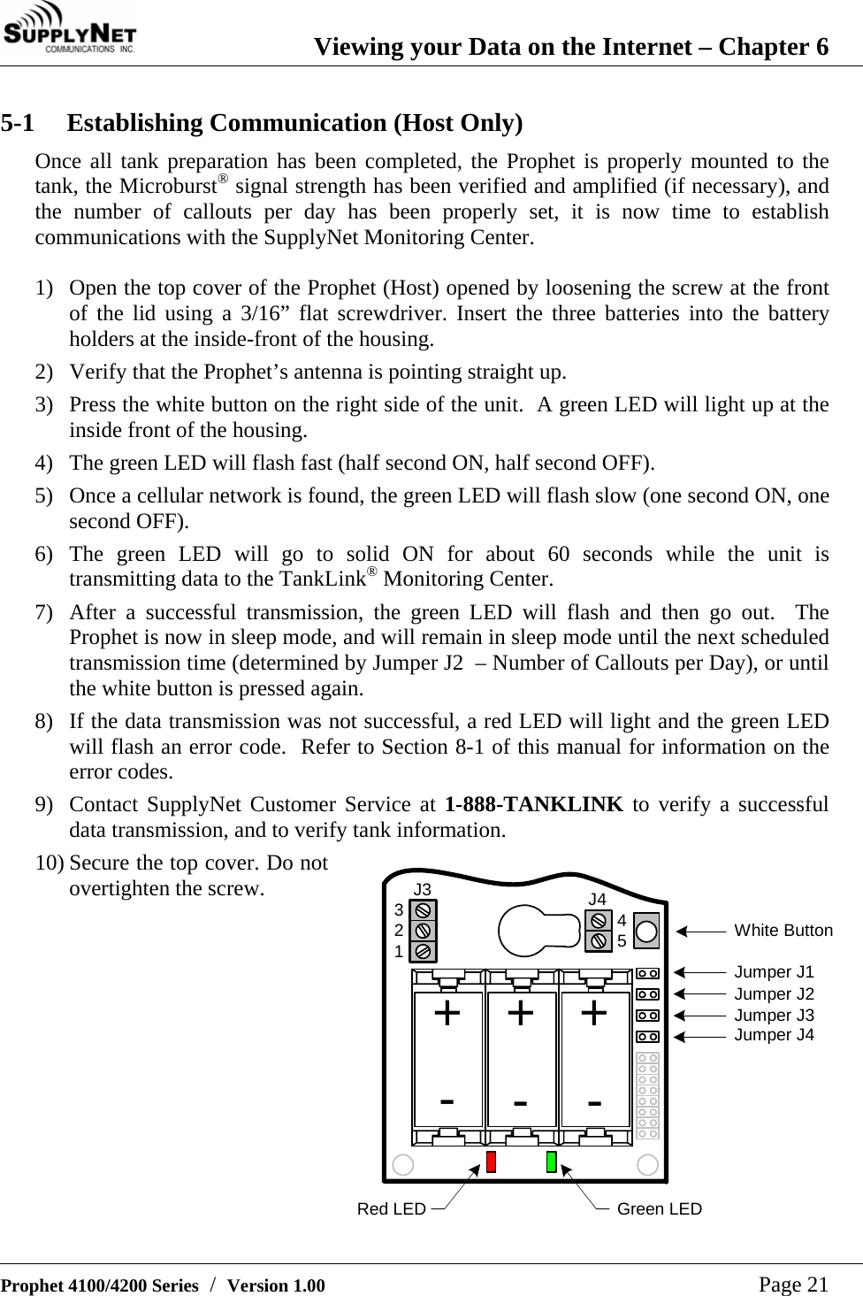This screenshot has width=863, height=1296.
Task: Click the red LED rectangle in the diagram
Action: [491, 1162]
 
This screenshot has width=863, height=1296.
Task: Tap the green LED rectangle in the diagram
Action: [551, 1162]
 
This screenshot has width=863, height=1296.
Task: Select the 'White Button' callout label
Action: [783, 931]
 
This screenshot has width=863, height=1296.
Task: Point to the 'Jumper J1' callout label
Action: [774, 972]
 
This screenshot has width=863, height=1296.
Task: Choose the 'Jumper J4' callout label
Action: [774, 1035]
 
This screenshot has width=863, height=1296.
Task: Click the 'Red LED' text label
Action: [391, 1209]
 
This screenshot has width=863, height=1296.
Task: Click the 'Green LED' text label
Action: [660, 1209]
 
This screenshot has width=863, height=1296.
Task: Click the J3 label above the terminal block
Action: [423, 889]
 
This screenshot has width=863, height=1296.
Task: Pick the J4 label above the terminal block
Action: [598, 900]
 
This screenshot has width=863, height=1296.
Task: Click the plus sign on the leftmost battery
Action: [447, 1013]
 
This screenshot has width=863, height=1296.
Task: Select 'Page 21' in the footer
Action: [793, 1284]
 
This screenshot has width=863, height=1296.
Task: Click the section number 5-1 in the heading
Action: [18, 123]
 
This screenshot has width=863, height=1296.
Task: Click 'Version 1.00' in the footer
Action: [276, 1285]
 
